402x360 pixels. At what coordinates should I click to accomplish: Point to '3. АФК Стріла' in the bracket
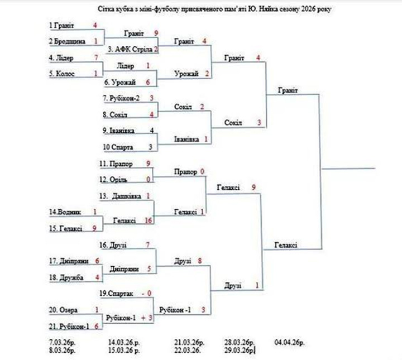130,49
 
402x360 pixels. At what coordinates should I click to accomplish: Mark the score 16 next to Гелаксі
149,221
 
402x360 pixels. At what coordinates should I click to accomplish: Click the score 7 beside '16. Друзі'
147,244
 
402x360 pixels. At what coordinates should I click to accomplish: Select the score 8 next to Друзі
199,261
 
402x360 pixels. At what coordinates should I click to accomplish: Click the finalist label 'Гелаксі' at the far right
286,245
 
